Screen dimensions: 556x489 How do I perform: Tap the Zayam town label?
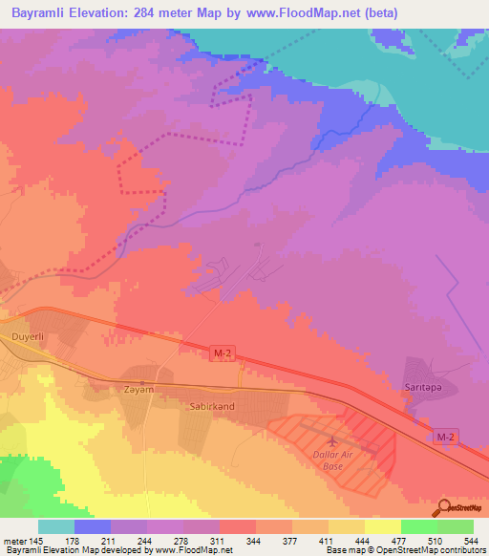(x=138, y=390)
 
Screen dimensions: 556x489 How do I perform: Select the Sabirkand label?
(x=206, y=405)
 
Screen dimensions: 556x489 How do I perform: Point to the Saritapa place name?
(x=415, y=388)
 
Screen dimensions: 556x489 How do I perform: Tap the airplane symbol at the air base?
(x=330, y=442)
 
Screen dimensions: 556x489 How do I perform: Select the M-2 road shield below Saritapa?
(x=446, y=437)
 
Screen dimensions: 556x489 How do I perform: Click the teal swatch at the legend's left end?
(x=56, y=526)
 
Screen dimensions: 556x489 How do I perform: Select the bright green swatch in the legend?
(x=419, y=526)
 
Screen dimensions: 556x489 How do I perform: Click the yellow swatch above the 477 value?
(x=383, y=526)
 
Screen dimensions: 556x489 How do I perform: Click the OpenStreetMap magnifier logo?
(x=441, y=507)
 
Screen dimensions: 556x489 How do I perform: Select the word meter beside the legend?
(x=16, y=541)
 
